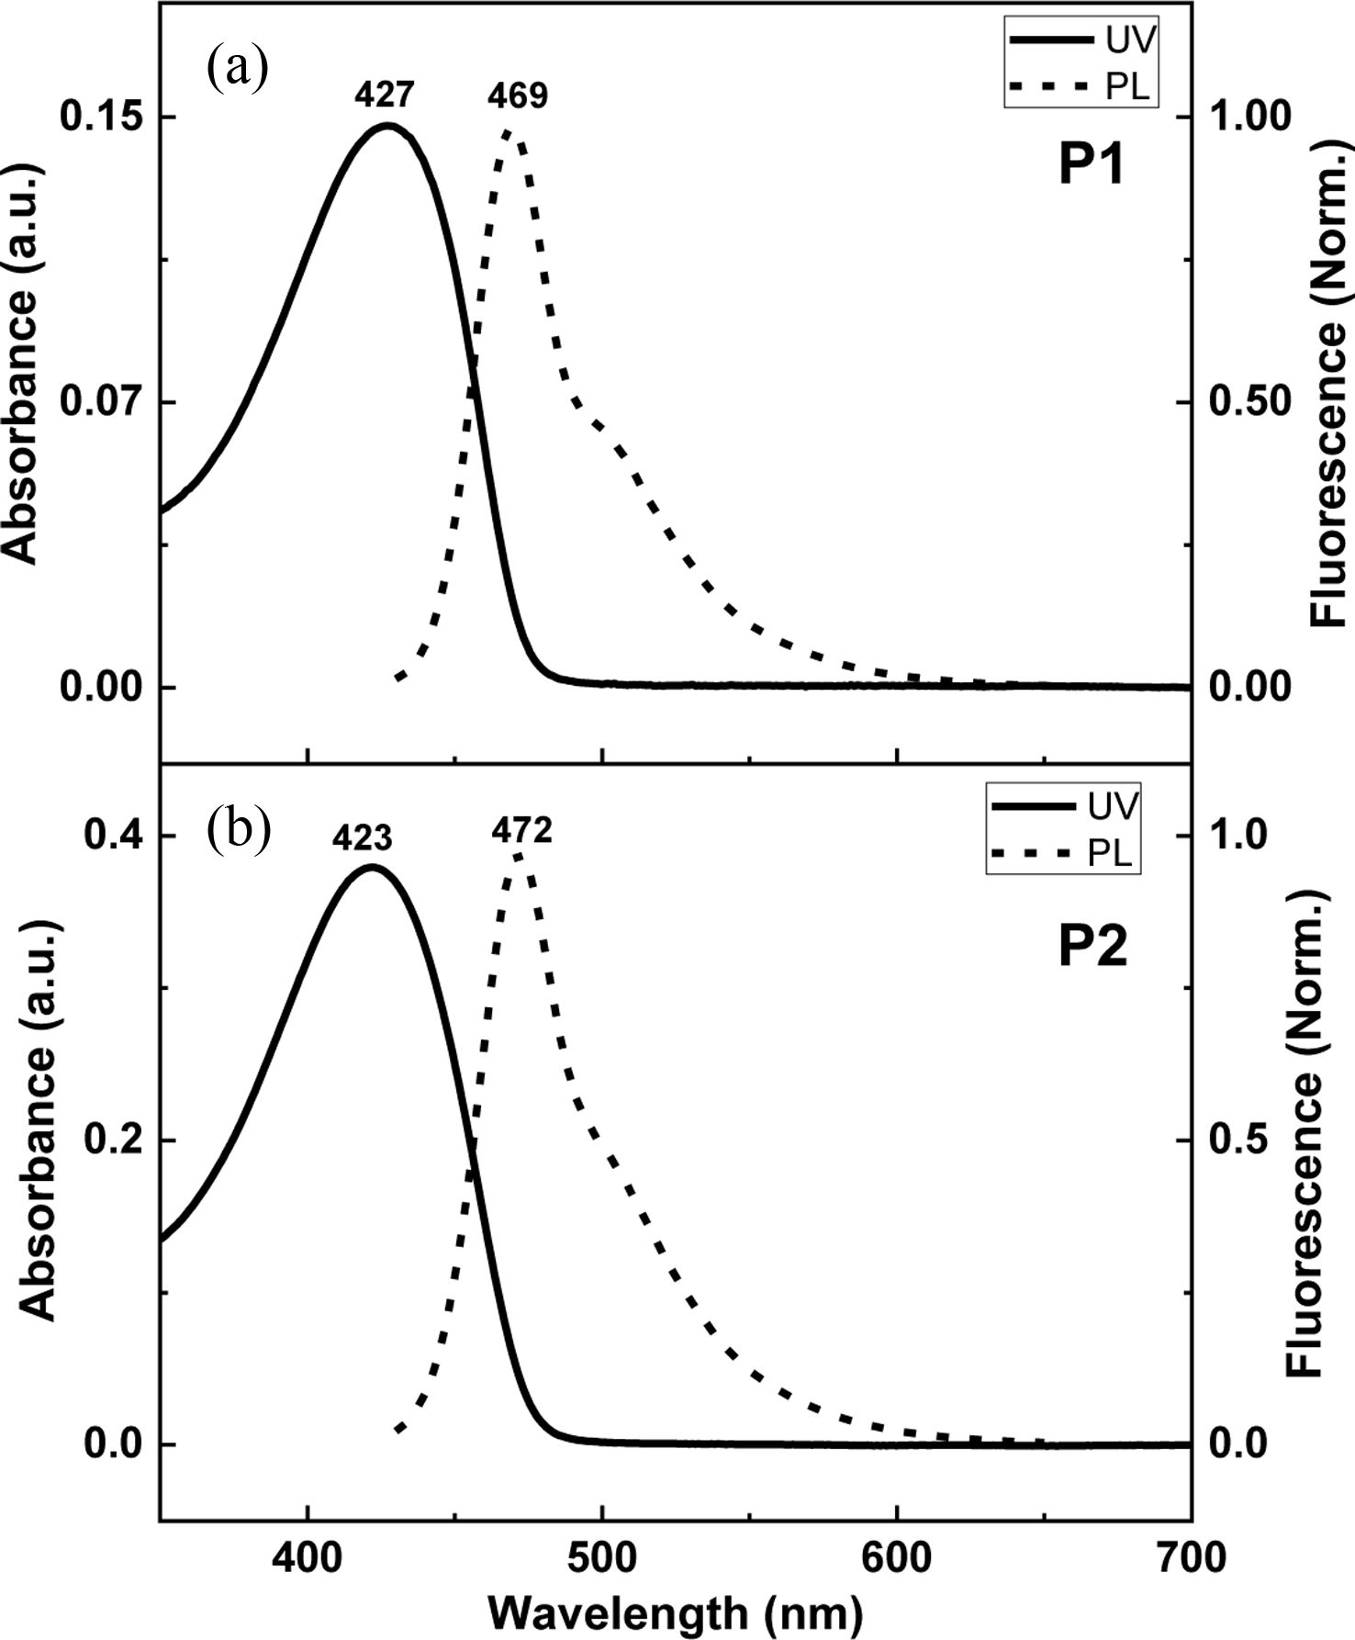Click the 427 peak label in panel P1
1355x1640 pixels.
[x=386, y=95]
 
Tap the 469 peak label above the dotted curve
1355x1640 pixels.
[x=517, y=95]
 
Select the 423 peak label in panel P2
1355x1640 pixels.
[x=363, y=837]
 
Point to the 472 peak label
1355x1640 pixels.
[x=521, y=831]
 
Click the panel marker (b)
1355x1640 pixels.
[x=239, y=828]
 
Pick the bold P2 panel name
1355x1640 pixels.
[x=1092, y=948]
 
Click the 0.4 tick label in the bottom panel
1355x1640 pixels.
[x=112, y=836]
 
